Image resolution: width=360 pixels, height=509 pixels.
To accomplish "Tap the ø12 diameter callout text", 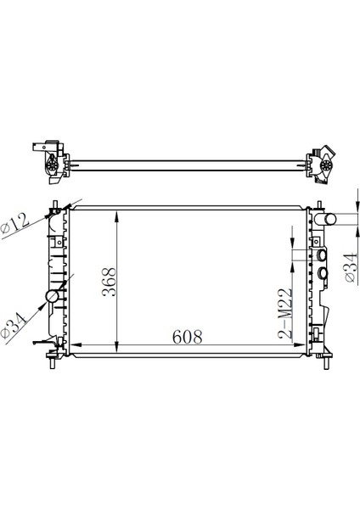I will [x=16, y=221].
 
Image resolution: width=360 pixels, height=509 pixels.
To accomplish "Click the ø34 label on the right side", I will [x=349, y=265].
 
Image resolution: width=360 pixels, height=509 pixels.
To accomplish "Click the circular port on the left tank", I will [x=52, y=298].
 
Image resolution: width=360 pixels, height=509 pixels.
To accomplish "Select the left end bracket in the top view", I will [x=49, y=161].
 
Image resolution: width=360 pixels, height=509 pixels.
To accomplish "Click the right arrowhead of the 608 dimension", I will [x=303, y=345].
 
